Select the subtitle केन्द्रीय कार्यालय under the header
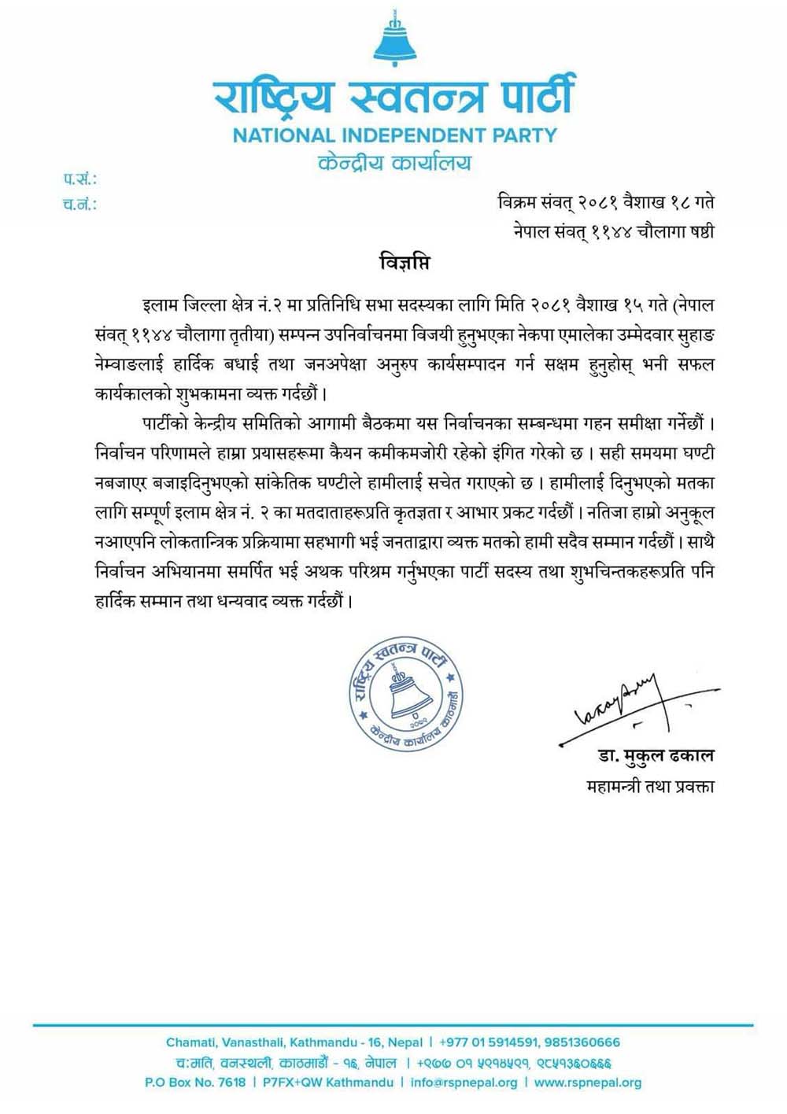click(x=393, y=163)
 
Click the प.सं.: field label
click(x=79, y=180)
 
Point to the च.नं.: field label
click(x=79, y=205)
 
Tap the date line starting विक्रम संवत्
click(x=605, y=203)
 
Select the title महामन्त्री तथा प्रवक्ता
click(x=651, y=785)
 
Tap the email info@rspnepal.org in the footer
click(x=464, y=1083)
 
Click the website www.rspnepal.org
click(x=587, y=1083)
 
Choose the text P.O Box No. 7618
click(x=195, y=1083)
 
